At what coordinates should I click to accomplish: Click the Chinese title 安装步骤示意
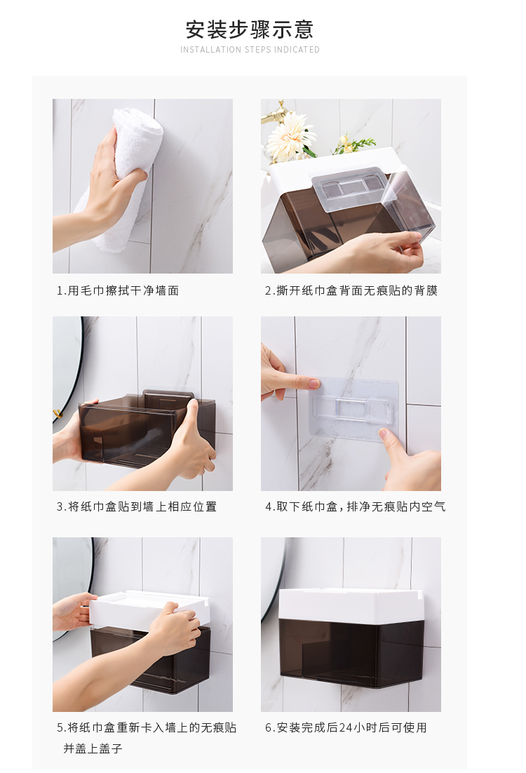click(x=250, y=29)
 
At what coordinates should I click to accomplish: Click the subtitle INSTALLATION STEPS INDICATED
click(x=250, y=50)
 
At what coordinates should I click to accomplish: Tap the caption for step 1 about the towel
click(x=118, y=290)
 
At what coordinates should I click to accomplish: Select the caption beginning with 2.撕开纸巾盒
click(x=351, y=290)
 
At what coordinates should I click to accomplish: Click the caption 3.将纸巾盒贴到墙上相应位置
click(x=137, y=506)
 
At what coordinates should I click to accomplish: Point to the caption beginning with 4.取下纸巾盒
click(x=355, y=506)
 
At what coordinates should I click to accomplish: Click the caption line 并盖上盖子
click(x=93, y=748)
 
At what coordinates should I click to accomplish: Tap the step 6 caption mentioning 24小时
click(x=346, y=727)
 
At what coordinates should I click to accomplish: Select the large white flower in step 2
click(x=290, y=136)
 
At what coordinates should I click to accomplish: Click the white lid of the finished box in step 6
click(x=351, y=603)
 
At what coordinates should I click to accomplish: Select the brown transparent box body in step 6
click(x=351, y=652)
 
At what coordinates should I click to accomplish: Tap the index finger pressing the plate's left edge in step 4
click(x=302, y=383)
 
